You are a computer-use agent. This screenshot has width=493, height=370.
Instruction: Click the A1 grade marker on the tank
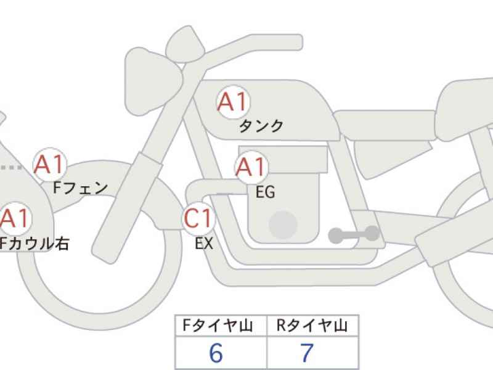(233, 101)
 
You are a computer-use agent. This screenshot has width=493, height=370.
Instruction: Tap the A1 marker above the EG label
(251, 166)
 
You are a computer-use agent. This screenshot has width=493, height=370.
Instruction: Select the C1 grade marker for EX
(198, 218)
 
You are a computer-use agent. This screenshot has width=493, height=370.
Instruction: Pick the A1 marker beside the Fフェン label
(50, 164)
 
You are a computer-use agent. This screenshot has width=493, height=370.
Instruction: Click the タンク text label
(261, 126)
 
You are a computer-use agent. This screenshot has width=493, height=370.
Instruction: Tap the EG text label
(266, 192)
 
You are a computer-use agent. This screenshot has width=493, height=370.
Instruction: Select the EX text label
(204, 243)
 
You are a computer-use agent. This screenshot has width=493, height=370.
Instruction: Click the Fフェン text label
(81, 188)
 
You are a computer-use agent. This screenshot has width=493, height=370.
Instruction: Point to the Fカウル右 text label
(34, 244)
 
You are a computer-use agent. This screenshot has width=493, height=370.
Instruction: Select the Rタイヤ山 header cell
(312, 326)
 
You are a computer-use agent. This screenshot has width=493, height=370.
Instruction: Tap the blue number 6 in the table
(216, 353)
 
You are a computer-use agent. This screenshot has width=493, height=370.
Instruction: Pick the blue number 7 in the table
(307, 353)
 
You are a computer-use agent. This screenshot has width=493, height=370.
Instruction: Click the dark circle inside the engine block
(283, 225)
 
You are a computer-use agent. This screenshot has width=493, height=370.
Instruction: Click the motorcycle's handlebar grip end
(297, 42)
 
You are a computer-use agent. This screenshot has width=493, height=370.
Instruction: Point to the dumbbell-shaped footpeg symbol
(354, 235)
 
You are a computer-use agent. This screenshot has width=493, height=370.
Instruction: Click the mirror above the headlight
(185, 44)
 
